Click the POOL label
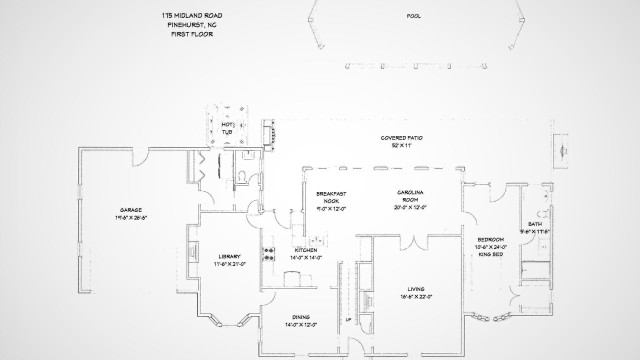(x=413, y=16)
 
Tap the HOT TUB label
(x=227, y=128)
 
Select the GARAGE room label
(x=131, y=210)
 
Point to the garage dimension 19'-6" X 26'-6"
(x=131, y=217)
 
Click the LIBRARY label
(x=229, y=256)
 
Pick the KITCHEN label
(x=306, y=250)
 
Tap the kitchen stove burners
(x=268, y=254)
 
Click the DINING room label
(x=301, y=317)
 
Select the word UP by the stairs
(x=348, y=319)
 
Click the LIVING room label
(x=416, y=289)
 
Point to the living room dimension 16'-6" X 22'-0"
(x=416, y=297)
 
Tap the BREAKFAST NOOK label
(x=331, y=197)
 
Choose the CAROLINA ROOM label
(x=410, y=196)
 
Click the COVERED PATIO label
(x=401, y=138)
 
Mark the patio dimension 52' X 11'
(x=401, y=145)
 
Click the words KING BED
(x=490, y=254)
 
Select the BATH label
(x=535, y=224)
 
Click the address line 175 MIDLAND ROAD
(x=192, y=15)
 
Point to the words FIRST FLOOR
(x=192, y=34)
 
